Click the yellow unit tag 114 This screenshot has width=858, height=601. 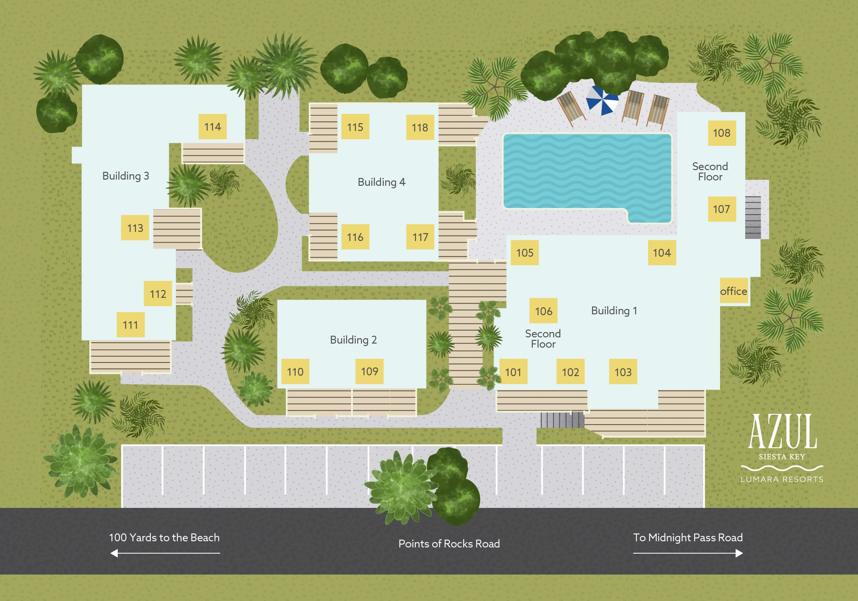(x=212, y=126)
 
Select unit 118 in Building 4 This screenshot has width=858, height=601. (x=420, y=127)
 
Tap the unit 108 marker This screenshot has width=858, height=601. (x=722, y=133)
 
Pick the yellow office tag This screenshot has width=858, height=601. (x=734, y=291)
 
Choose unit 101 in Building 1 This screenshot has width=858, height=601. (x=513, y=372)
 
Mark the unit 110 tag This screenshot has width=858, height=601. (x=295, y=372)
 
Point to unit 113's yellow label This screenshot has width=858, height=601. (x=135, y=227)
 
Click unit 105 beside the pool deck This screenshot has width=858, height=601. (x=525, y=253)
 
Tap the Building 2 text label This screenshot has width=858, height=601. (x=353, y=340)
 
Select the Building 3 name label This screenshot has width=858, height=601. (x=126, y=176)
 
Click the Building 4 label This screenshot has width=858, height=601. (x=382, y=182)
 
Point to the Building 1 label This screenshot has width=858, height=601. (x=614, y=311)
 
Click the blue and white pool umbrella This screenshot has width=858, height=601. (x=602, y=100)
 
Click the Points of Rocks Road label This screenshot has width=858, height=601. (x=449, y=544)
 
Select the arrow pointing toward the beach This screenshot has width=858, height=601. (x=165, y=553)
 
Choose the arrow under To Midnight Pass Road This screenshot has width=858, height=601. (x=688, y=553)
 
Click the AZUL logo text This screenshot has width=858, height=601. (x=782, y=431)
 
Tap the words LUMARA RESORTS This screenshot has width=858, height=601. (x=782, y=479)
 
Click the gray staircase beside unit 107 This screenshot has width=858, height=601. (x=753, y=217)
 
